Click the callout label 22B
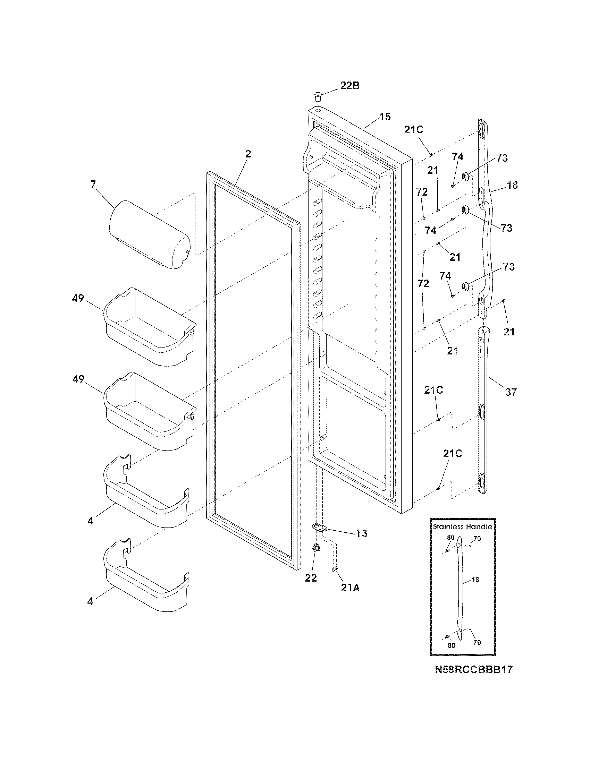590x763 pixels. click(x=349, y=86)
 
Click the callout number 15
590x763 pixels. click(x=385, y=117)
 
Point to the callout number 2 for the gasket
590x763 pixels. click(x=248, y=154)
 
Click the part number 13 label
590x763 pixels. click(x=362, y=533)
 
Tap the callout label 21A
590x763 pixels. click(x=350, y=588)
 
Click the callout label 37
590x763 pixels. click(x=511, y=392)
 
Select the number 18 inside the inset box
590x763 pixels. click(x=475, y=580)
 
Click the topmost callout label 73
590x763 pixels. click(x=501, y=158)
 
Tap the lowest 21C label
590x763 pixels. click(x=453, y=454)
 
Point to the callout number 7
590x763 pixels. click(x=93, y=185)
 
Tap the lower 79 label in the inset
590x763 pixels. click(x=477, y=642)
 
